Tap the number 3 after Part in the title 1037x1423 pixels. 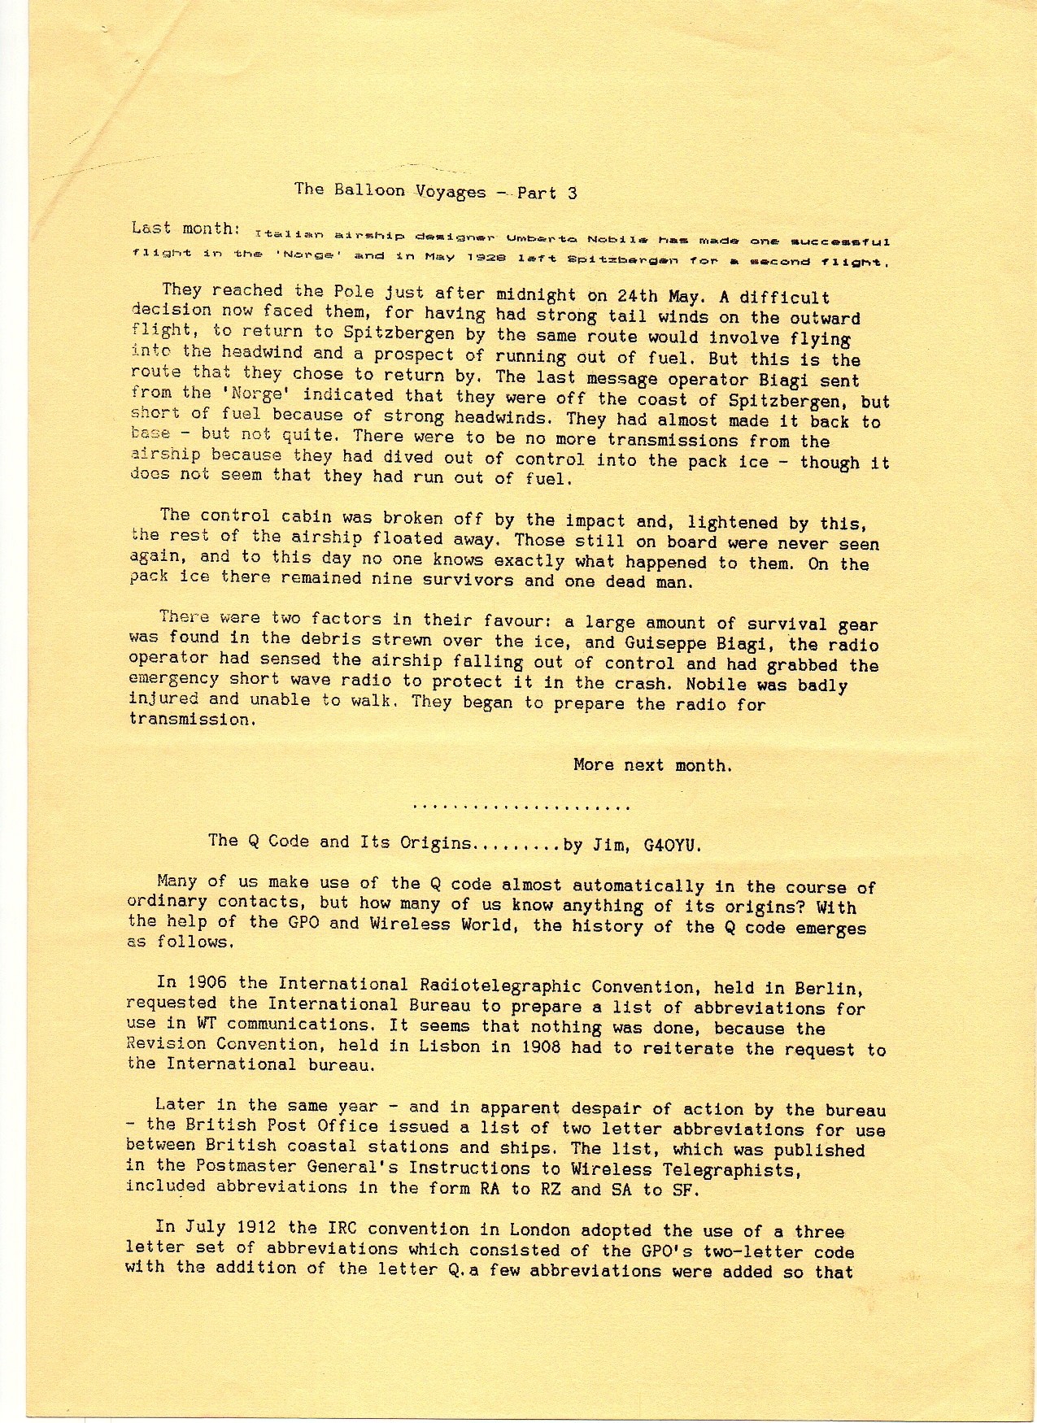573,193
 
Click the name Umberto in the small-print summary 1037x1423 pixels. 539,240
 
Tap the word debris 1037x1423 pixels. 321,639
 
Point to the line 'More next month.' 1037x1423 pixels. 652,765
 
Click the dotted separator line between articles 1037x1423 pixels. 521,807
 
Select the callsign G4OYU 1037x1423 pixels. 672,845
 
